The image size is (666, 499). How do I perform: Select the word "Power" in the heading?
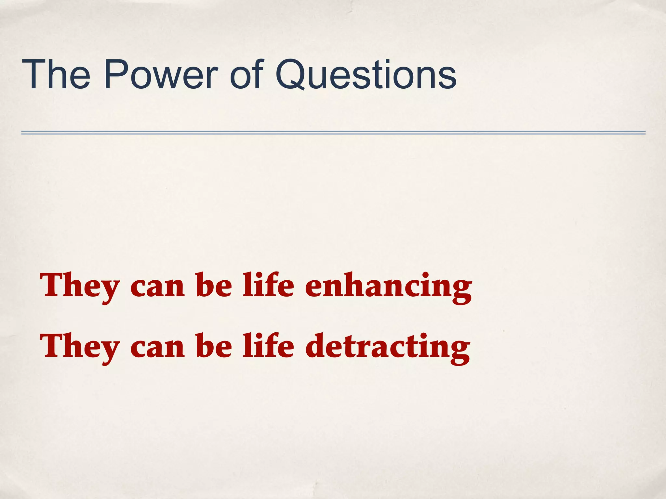click(161, 75)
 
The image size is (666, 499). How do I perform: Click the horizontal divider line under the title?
click(333, 133)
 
